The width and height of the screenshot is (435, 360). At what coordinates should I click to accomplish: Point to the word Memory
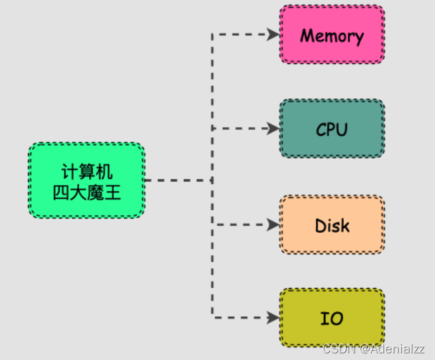coord(331,35)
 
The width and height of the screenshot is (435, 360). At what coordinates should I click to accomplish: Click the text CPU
coord(331,129)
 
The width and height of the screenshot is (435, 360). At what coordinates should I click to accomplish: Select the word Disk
coord(331,226)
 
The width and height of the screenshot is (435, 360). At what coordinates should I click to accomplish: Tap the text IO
coord(331,318)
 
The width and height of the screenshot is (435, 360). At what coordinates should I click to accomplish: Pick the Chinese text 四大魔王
coord(86,193)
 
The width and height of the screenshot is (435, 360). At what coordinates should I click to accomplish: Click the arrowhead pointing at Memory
coord(273,35)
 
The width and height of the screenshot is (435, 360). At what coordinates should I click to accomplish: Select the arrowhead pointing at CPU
coord(273,128)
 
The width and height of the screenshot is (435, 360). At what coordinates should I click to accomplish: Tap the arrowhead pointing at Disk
coord(273,225)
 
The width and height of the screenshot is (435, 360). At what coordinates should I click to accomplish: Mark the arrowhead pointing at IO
coord(273,317)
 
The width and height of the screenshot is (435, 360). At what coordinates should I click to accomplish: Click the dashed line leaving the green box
coord(176,180)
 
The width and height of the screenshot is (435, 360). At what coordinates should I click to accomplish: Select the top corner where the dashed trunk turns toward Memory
coord(212,35)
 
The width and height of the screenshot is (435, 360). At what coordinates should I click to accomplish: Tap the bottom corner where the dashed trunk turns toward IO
coord(212,317)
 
